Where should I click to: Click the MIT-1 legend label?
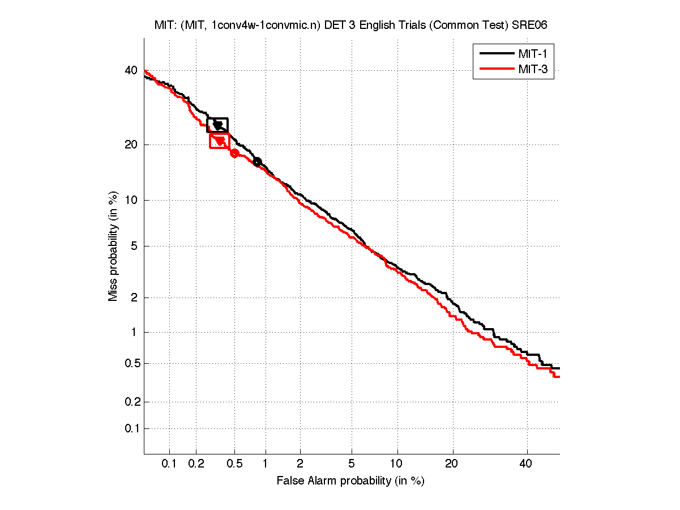pos(532,54)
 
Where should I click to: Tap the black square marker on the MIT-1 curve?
pos(217,125)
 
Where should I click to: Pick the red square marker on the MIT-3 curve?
pos(220,141)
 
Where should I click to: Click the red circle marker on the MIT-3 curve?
pos(234,153)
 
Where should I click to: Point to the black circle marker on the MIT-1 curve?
pos(257,162)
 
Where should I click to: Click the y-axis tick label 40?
pos(131,71)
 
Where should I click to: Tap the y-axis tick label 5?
pos(134,246)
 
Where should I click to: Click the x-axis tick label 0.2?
pos(196,464)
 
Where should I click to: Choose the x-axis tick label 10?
pos(398,464)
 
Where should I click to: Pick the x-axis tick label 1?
pos(265,464)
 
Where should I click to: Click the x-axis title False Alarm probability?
pos(350,481)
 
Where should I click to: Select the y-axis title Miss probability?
pos(114,246)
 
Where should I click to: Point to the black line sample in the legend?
pos(496,54)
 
